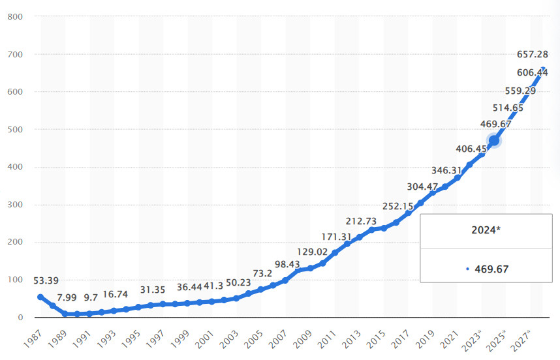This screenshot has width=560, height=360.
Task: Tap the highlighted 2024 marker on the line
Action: (x=494, y=140)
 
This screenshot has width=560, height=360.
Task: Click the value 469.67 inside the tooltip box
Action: (x=491, y=268)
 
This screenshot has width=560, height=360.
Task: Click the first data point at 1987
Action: (x=40, y=297)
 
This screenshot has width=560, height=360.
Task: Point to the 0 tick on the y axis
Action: (x=20, y=318)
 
